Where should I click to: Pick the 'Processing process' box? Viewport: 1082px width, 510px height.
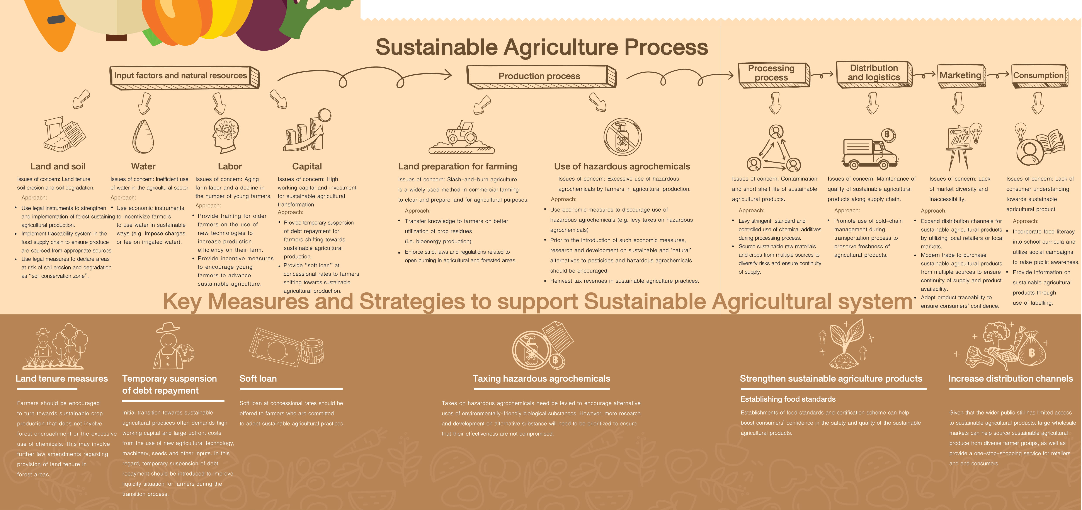774,74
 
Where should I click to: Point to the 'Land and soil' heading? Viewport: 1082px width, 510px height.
58,166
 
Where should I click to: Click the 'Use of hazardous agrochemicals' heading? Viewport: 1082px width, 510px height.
622,166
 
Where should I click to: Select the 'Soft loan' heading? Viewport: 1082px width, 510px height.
258,379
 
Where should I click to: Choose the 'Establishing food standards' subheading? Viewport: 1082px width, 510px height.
788,399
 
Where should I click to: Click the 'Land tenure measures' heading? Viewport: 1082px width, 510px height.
62,379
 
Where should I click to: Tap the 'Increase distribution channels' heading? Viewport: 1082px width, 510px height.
1011,379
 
